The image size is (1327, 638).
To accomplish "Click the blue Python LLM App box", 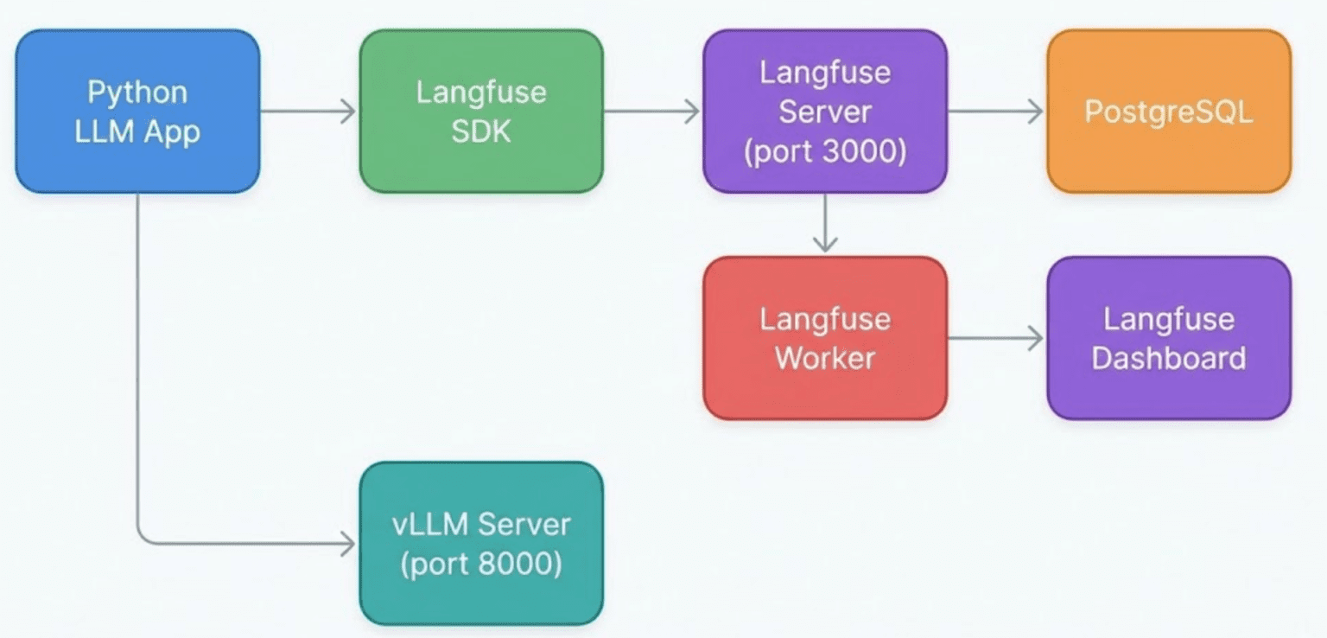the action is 137,112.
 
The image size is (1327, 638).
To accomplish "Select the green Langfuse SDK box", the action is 481,112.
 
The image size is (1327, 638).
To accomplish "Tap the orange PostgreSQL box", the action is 1169,112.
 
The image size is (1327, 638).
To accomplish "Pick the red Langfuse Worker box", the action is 825,339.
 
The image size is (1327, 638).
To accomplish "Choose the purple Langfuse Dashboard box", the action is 1169,339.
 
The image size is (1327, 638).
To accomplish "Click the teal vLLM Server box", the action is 481,543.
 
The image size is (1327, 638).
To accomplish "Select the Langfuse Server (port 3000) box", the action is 825,112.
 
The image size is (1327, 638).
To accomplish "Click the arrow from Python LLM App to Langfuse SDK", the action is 308,112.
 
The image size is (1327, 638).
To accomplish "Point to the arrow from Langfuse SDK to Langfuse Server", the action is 651,112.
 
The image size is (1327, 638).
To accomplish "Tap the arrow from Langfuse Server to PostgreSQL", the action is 996,112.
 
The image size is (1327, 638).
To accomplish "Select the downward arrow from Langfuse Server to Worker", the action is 825,223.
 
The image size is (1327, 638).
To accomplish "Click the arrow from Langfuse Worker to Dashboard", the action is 996,339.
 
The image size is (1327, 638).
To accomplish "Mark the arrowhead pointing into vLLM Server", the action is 348,543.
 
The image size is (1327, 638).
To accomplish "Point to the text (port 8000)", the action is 481,564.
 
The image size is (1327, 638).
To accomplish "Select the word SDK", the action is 481,131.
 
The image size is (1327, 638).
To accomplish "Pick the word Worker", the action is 825,358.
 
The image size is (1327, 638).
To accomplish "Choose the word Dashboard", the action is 1169,358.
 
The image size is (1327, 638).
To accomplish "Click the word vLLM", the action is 430,524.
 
